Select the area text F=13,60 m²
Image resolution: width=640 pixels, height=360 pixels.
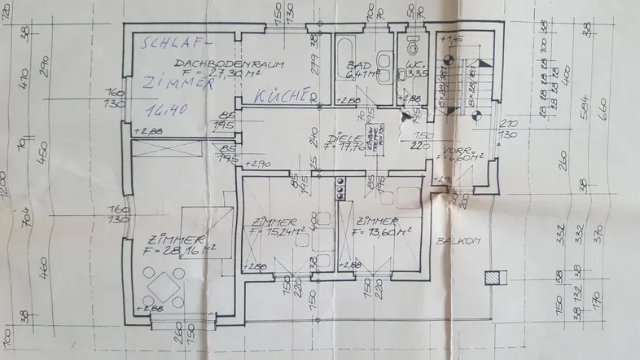[382, 231]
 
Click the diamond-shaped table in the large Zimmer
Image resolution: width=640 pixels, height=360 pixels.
[163, 286]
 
